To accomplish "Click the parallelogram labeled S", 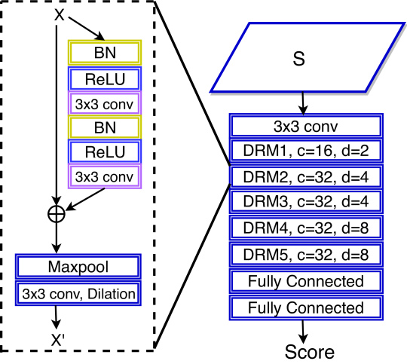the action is pos(308,57).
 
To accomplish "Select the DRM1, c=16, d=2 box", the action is pos(306,151).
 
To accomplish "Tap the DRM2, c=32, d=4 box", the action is pos(306,177).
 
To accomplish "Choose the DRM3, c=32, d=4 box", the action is pos(306,201).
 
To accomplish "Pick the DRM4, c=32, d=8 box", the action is pos(306,228).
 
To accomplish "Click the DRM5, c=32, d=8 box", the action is pos(306,255).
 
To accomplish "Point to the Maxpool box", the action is pos(78,267).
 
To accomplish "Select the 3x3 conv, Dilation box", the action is pos(78,293).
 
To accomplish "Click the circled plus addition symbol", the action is pos(57,214).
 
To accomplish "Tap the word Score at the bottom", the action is pos(310,352).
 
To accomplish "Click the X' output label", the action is pos(57,340).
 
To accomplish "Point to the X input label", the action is pos(60,15).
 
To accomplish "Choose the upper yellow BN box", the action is pos(105,53).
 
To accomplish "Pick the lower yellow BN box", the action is pos(105,127).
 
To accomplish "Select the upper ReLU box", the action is pos(105,79).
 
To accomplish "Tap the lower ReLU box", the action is pos(105,151).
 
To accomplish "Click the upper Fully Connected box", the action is pos(306,281).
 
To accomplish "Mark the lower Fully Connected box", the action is pos(306,307).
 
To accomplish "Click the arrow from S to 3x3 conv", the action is pos(303,103).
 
